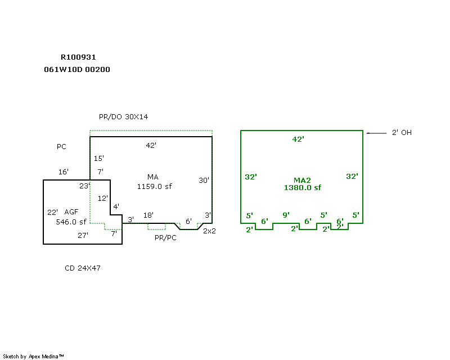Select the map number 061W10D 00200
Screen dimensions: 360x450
(x=77, y=70)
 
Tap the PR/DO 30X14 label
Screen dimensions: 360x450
(x=123, y=116)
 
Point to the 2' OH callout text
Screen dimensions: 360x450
(x=402, y=133)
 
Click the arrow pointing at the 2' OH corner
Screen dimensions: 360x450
(x=376, y=133)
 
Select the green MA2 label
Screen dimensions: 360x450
(x=302, y=180)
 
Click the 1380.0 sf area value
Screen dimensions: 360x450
(x=302, y=188)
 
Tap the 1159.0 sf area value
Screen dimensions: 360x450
(x=154, y=186)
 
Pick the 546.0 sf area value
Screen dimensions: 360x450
(x=71, y=222)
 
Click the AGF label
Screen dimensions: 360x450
(x=71, y=212)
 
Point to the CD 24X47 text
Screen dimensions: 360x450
(x=83, y=268)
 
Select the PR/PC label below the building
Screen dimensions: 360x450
(x=166, y=238)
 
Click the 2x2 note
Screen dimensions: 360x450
(x=209, y=231)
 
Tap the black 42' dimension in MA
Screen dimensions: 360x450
(x=151, y=145)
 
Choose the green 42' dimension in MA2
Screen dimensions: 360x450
(x=298, y=139)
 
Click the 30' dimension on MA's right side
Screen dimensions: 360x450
(x=204, y=180)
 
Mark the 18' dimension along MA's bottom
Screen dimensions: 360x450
(x=148, y=215)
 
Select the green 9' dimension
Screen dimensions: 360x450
(x=286, y=215)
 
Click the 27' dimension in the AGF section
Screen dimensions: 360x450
(x=83, y=236)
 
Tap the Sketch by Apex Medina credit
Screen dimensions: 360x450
(x=34, y=356)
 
